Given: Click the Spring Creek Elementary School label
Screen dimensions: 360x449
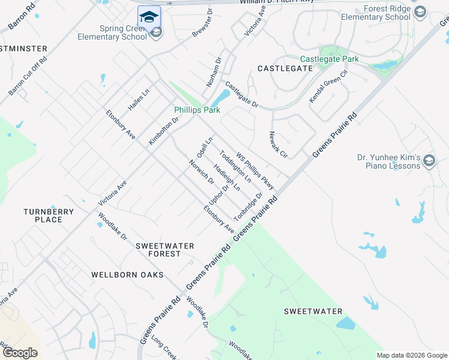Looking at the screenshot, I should point(112,32).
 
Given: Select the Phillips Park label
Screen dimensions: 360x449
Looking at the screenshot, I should point(197,110).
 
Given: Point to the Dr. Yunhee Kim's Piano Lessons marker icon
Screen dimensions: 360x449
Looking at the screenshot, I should point(429,161).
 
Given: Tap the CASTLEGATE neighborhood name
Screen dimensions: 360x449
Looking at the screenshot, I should point(285,68).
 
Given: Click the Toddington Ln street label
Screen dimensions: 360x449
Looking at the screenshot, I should point(235,167).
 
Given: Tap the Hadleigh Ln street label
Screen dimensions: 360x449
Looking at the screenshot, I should point(227,178).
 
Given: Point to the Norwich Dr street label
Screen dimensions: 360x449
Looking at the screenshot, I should point(201,172).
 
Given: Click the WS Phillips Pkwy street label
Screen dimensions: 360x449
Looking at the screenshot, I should point(255,170).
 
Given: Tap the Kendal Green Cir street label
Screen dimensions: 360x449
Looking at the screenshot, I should point(328,87).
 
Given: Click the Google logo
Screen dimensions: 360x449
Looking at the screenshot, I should point(20,352).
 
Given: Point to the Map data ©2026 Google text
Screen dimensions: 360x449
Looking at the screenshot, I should point(411,355).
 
